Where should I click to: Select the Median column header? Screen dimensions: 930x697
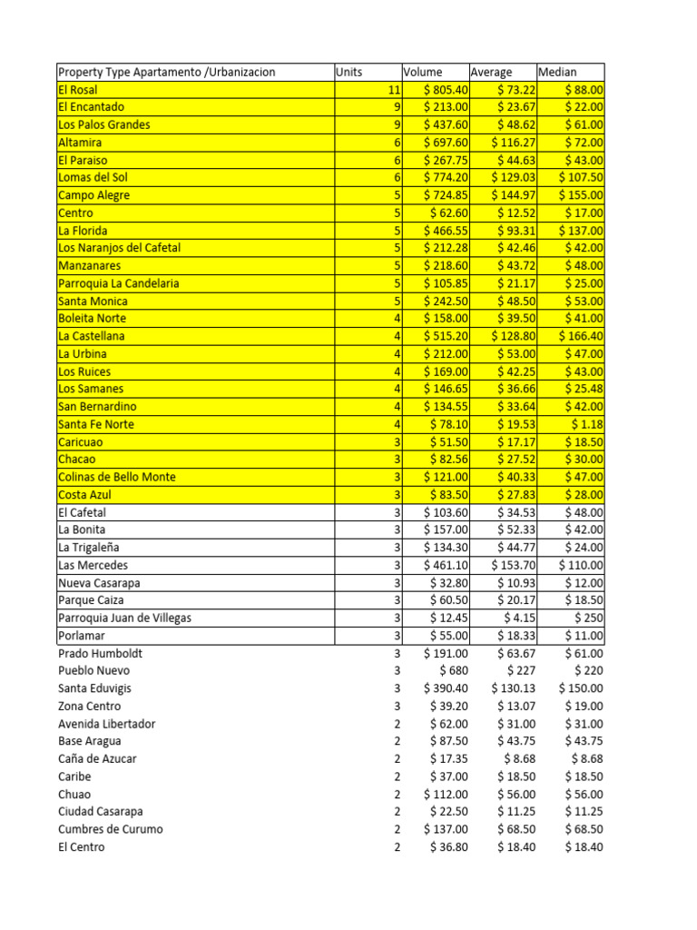tap(557, 72)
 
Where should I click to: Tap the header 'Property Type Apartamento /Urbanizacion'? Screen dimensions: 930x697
tap(166, 72)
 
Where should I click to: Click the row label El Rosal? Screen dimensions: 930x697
tap(78, 90)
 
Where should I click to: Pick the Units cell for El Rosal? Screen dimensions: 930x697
tap(393, 90)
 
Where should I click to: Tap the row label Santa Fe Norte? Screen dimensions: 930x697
tap(95, 424)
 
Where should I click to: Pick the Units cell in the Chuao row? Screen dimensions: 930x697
tap(397, 794)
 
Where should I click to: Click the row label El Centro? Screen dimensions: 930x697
tap(81, 847)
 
